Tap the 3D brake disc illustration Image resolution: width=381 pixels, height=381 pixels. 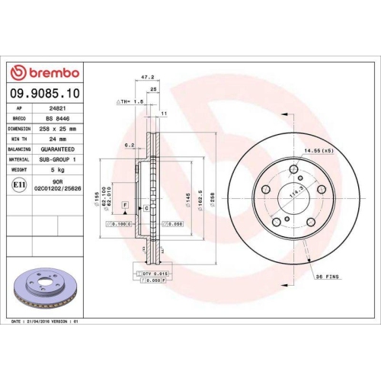[43, 288]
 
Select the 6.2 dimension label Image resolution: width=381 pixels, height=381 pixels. [130, 144]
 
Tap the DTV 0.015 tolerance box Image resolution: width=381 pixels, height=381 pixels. [153, 273]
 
